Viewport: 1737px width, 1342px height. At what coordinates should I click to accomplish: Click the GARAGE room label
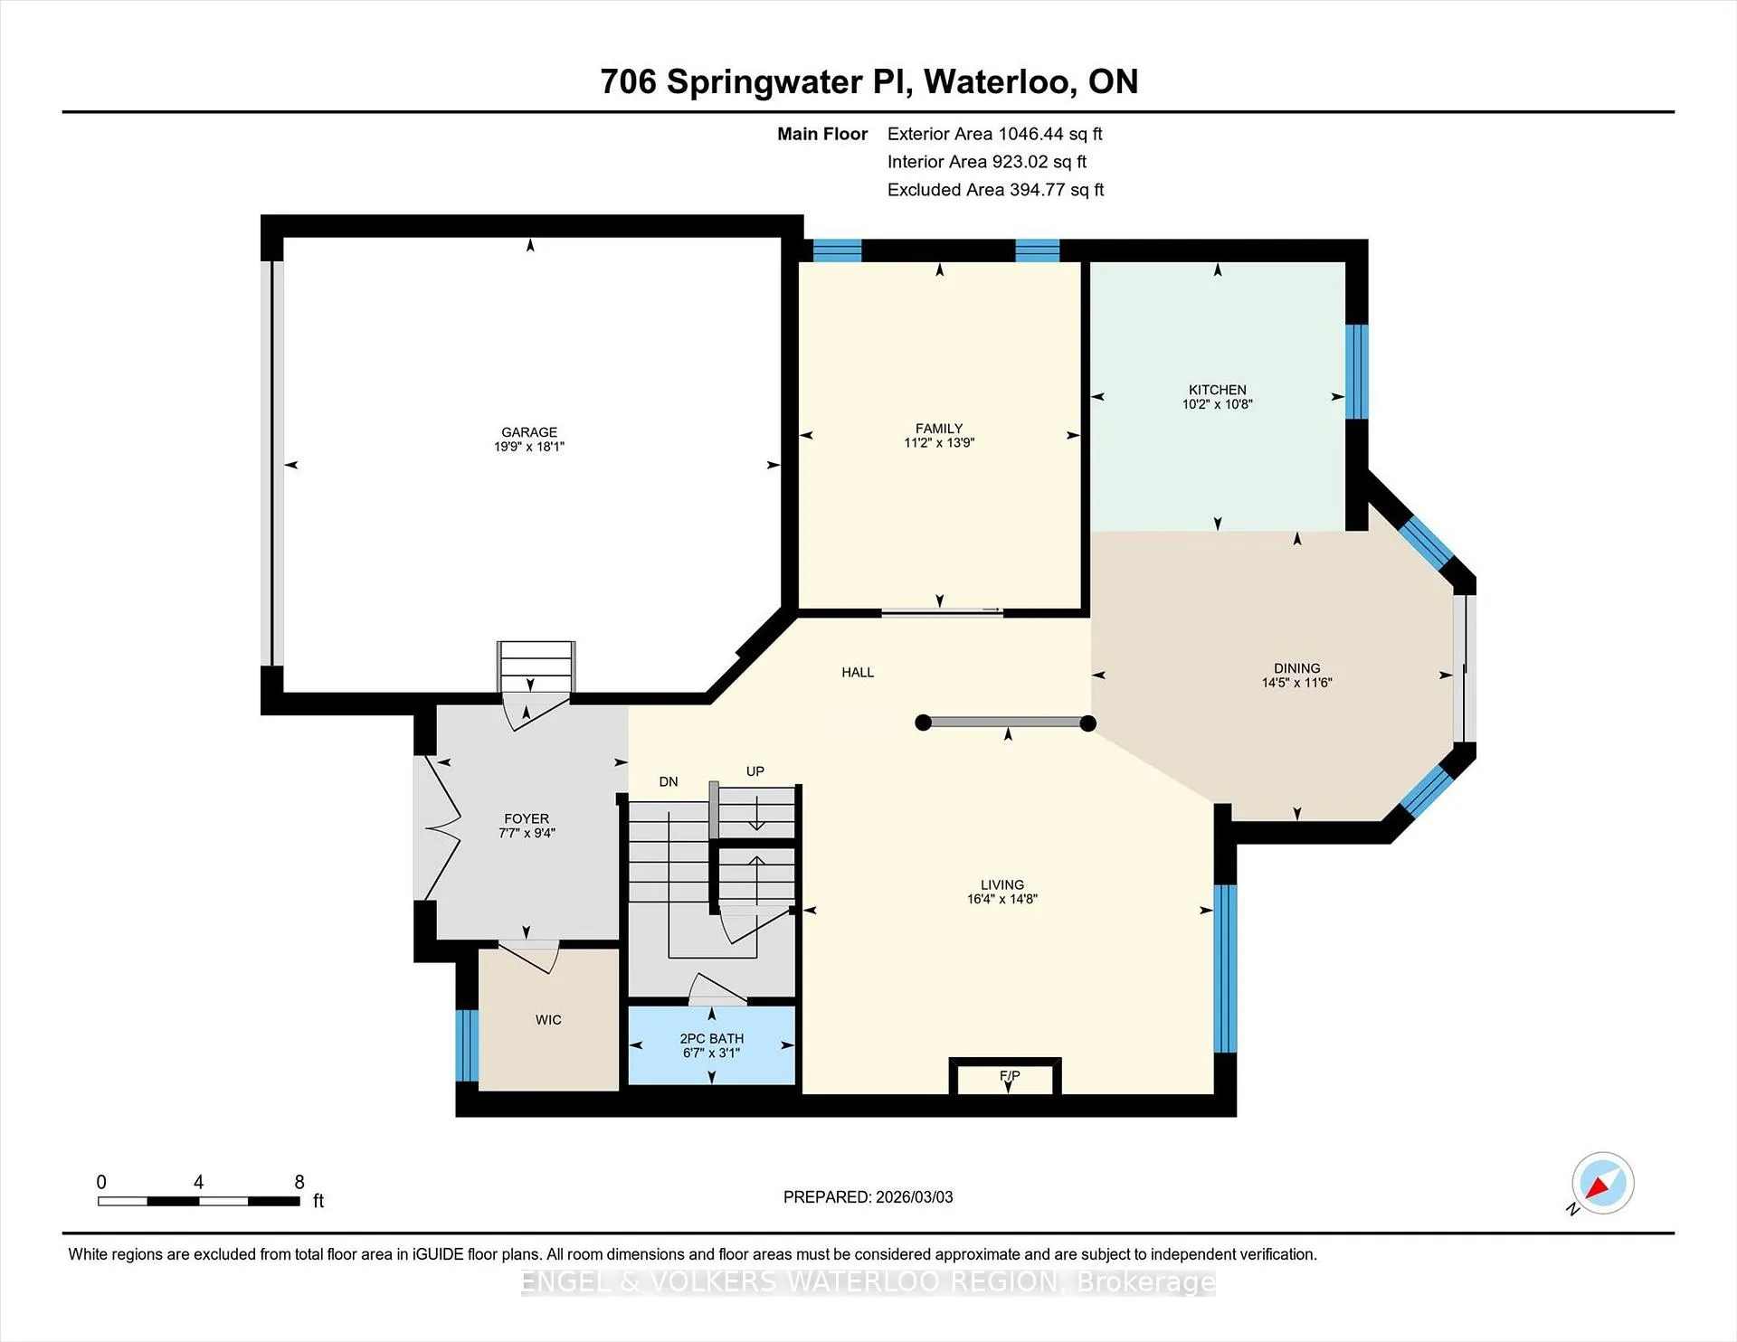click(529, 432)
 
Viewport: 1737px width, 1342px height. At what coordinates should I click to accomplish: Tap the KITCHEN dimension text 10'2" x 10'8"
click(1217, 404)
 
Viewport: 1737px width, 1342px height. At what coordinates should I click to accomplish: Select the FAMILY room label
click(939, 429)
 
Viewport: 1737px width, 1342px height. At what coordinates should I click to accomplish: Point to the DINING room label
click(1297, 668)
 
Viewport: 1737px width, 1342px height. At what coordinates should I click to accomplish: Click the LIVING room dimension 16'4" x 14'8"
click(1002, 899)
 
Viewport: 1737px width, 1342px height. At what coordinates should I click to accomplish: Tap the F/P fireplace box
click(1005, 1076)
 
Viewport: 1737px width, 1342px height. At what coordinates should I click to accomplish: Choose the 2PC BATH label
click(712, 1039)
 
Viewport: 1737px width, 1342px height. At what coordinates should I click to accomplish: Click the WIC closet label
click(548, 1020)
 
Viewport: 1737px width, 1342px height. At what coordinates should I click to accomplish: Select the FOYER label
click(527, 818)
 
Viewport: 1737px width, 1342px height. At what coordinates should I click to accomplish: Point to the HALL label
click(858, 672)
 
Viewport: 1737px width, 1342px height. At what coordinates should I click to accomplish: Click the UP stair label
click(755, 771)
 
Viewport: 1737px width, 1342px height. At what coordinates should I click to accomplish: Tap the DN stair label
click(669, 782)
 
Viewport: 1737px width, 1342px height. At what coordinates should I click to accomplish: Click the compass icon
click(1602, 1183)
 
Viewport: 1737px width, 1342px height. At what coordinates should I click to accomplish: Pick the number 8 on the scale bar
click(299, 1182)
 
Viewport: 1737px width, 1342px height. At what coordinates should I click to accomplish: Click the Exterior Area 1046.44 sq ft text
click(995, 134)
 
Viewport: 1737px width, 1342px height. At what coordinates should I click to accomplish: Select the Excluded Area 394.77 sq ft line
click(996, 190)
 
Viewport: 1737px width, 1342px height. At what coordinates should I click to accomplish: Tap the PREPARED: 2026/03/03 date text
click(868, 1197)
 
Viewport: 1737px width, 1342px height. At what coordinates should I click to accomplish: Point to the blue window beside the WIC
click(467, 1045)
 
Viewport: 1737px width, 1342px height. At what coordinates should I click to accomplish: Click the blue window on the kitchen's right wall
click(1357, 372)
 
